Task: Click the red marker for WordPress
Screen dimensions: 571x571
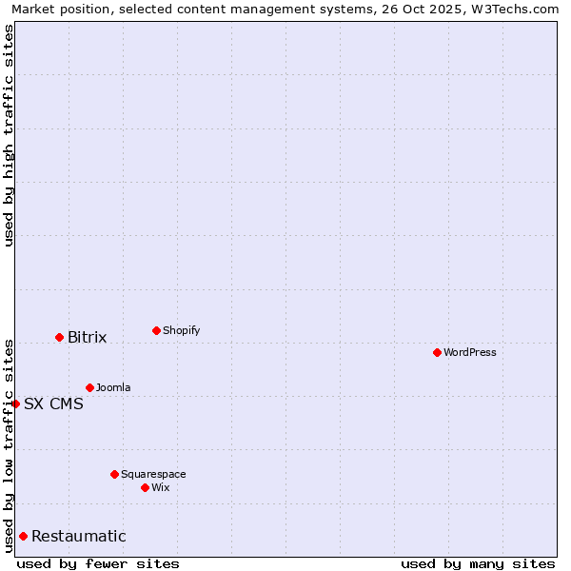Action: pyautogui.click(x=437, y=352)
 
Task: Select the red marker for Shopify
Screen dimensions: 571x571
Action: pyautogui.click(x=156, y=330)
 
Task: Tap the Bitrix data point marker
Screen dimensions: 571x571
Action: pyautogui.click(x=59, y=337)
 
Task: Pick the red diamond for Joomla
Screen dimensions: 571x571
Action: pyautogui.click(x=89, y=387)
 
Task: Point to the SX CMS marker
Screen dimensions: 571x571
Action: pyautogui.click(x=15, y=404)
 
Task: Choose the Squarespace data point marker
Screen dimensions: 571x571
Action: pyautogui.click(x=114, y=474)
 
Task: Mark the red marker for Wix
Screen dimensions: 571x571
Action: pyautogui.click(x=145, y=487)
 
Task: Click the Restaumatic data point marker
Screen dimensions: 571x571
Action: pyautogui.click(x=23, y=536)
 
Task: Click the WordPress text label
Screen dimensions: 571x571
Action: pyautogui.click(x=469, y=352)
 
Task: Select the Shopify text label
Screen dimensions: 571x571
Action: pyautogui.click(x=181, y=330)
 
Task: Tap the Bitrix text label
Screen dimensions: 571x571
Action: pyautogui.click(x=87, y=338)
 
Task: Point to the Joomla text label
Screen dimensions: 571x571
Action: pyautogui.click(x=113, y=387)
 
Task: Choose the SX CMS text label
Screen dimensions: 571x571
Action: pyautogui.click(x=53, y=404)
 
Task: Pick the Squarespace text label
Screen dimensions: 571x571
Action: pyautogui.click(x=153, y=474)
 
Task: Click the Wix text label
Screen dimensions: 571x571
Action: pyautogui.click(x=160, y=487)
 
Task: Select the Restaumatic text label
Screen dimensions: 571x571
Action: pyautogui.click(x=78, y=537)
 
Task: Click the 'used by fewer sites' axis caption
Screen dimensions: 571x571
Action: pyautogui.click(x=98, y=563)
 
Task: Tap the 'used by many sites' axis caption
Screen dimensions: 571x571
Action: pyautogui.click(x=478, y=563)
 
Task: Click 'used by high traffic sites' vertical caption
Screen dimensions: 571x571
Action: pyautogui.click(x=9, y=135)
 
